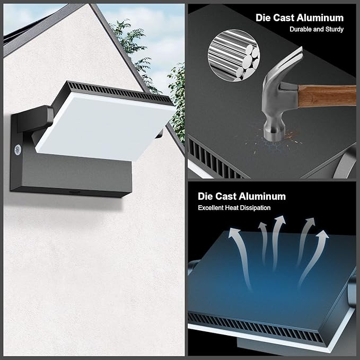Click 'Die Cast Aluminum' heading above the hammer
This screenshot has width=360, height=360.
(x=300, y=17)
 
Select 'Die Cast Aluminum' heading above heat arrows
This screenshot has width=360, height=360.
(x=242, y=196)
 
